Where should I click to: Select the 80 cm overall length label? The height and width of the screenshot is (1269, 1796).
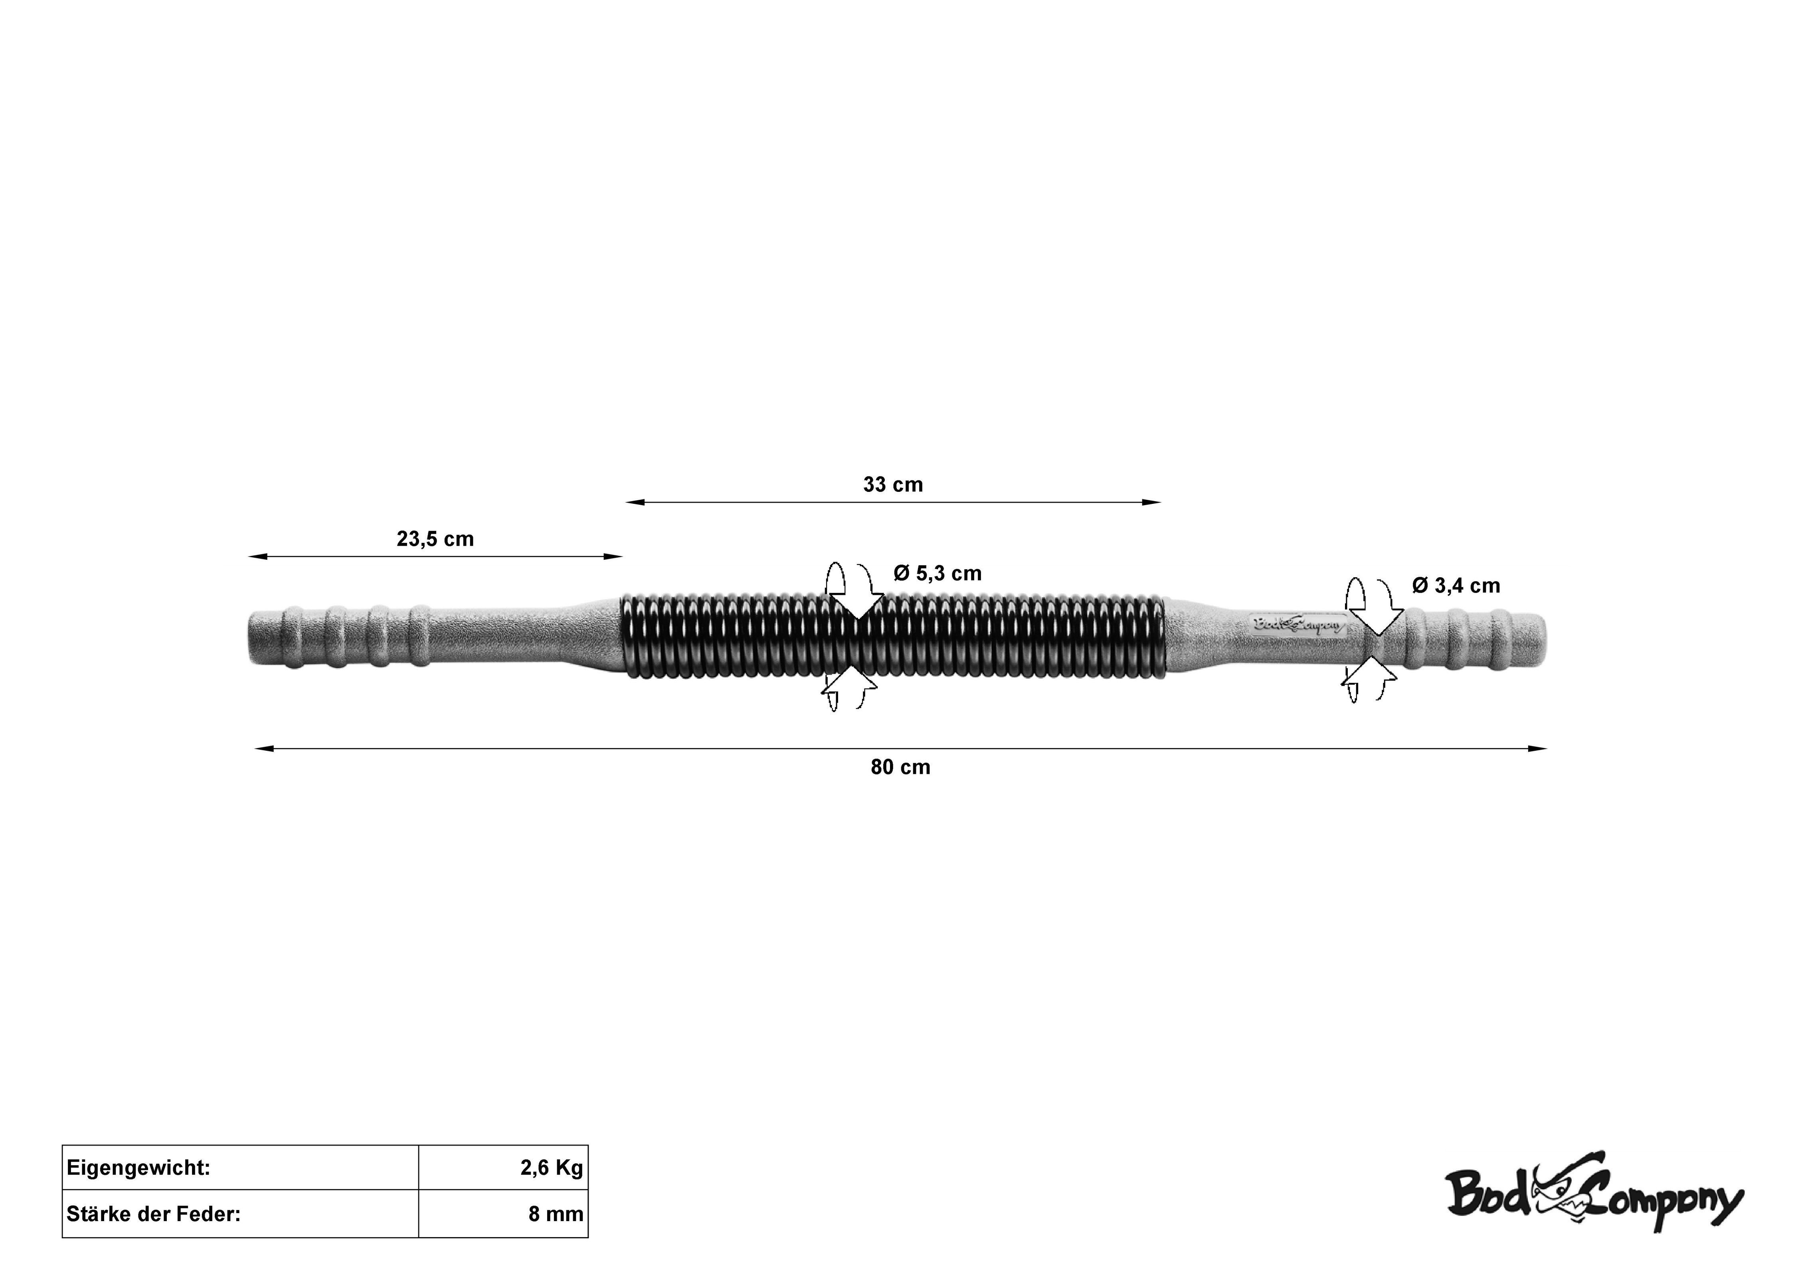pos(900,767)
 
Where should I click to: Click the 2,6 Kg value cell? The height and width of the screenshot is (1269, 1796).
pos(503,1168)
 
